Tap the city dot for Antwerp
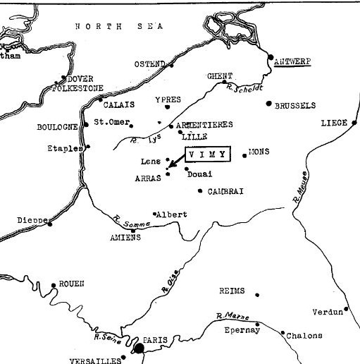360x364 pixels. point(271,56)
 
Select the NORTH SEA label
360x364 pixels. point(119,26)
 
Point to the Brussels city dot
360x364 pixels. point(268,104)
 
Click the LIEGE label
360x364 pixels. point(334,122)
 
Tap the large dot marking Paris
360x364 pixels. point(139,347)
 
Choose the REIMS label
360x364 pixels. point(232,290)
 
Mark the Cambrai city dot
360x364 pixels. point(201,190)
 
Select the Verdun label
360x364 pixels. point(328,311)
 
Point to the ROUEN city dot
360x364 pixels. point(54,286)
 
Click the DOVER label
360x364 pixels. point(80,79)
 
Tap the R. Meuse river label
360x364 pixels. point(299,187)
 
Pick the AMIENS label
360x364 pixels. point(125,238)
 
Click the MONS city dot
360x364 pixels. point(244,154)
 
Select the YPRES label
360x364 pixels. point(168,99)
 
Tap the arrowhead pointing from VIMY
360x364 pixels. point(171,167)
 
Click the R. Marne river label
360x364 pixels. point(234,315)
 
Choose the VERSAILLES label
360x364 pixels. point(96,360)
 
